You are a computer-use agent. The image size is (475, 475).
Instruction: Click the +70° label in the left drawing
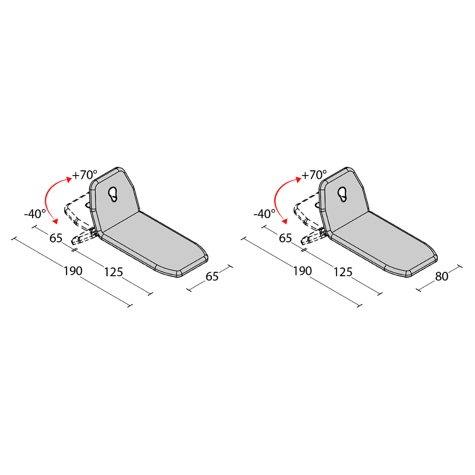click(84, 175)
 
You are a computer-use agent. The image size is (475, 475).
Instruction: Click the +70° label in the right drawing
click(314, 175)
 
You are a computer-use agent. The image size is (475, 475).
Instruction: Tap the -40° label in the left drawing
click(35, 214)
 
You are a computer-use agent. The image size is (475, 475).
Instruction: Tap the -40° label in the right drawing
click(264, 214)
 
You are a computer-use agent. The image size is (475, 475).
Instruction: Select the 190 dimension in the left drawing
click(73, 271)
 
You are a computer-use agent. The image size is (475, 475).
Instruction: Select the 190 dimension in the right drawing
click(302, 271)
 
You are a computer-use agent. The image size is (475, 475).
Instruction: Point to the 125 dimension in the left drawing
click(113, 272)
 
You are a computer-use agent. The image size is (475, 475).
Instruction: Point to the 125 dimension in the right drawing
click(343, 272)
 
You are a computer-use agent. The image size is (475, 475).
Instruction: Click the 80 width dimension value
click(442, 276)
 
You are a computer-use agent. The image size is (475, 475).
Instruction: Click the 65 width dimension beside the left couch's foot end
click(212, 276)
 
